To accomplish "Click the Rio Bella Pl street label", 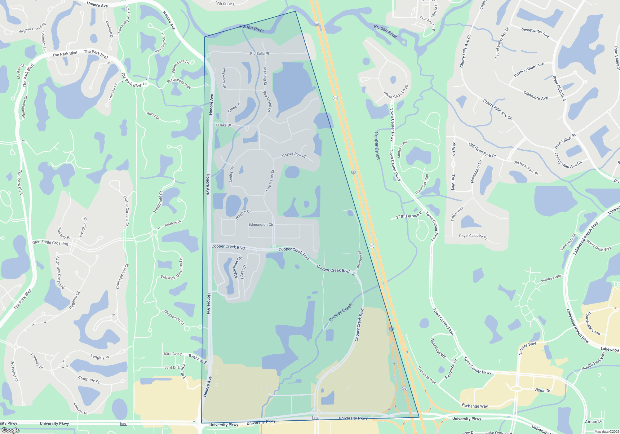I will [259, 54].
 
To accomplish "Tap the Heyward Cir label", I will [224, 78].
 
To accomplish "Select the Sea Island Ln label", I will [267, 101].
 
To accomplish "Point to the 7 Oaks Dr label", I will [223, 125].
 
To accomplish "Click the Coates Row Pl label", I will [294, 155].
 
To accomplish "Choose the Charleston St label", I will [270, 180].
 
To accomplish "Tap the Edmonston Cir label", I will [261, 225].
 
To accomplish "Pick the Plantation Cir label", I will [237, 267].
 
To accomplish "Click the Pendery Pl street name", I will [359, 260].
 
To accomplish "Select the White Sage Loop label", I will [396, 92].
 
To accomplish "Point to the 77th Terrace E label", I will [409, 215].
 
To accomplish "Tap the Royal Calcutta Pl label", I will [473, 236].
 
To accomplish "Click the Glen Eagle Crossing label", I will [50, 243].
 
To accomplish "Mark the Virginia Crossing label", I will [32, 28].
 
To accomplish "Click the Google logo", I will [11, 430].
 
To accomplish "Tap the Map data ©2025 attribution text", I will [607, 432].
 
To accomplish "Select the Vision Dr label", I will [542, 390].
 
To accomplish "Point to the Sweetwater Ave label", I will [535, 32].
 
